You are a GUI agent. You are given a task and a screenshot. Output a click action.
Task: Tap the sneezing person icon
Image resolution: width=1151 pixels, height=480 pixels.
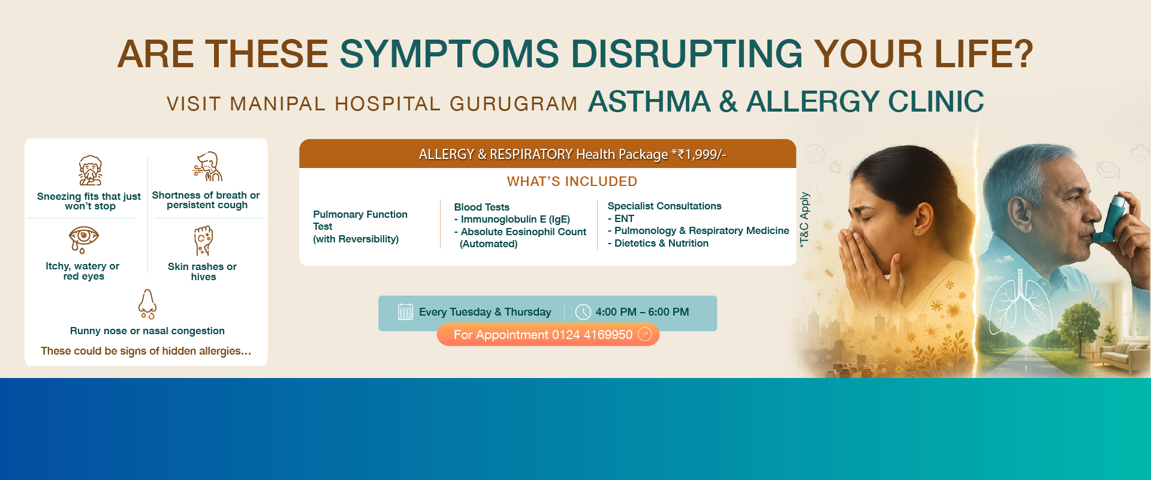pos(91,170)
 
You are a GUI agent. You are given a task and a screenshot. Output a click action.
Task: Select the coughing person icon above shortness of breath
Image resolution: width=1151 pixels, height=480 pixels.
pos(207,166)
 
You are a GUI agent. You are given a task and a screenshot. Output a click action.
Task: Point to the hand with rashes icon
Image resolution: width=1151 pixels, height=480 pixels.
pos(204,241)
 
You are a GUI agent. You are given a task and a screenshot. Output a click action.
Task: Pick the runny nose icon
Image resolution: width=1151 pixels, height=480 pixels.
pos(147,304)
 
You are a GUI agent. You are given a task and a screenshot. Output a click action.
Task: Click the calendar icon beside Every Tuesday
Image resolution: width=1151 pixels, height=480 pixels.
pos(406,312)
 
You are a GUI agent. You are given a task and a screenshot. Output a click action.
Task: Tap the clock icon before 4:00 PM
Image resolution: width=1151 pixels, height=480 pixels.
pos(583,312)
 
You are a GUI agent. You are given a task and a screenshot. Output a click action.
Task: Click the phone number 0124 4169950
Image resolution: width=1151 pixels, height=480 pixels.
pos(592,335)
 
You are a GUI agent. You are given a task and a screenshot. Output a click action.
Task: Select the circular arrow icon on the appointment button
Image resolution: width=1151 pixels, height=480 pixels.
pos(645,334)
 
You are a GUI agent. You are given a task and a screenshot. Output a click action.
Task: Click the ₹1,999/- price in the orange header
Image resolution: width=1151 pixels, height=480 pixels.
pos(698,154)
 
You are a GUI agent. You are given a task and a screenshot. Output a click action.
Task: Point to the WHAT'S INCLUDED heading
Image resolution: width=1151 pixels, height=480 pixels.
pos(572,181)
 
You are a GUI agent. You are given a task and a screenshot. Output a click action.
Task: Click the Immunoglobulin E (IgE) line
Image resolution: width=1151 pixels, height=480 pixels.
pos(512,220)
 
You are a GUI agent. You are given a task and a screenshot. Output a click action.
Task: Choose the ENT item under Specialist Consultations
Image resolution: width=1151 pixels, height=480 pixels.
pos(621,218)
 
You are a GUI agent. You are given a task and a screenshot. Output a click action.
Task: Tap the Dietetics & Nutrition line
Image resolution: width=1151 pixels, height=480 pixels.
pos(658,243)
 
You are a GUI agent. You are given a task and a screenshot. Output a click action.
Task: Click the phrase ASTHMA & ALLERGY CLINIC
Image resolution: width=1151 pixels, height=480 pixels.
pos(786,101)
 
